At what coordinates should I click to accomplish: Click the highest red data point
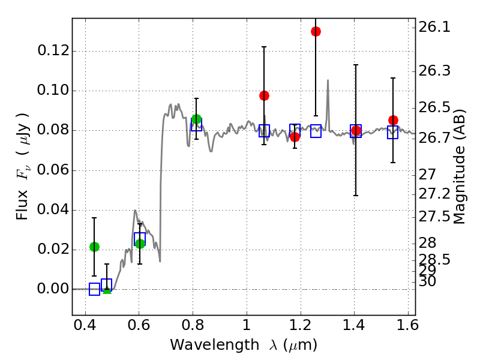316,31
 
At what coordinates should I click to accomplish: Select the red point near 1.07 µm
264,95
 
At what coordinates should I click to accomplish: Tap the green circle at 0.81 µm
196,119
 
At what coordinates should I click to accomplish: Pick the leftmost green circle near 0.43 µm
94,247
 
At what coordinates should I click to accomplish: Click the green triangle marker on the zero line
107,290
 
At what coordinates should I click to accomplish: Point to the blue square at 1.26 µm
316,131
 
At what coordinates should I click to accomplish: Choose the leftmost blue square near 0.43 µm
94,289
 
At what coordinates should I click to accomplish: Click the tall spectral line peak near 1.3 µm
328,80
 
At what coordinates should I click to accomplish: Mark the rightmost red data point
393,120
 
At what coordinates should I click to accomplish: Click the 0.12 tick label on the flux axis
52,51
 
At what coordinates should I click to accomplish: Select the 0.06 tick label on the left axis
52,170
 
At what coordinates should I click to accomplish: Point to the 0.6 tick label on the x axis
139,327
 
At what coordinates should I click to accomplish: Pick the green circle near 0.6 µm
140,244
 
